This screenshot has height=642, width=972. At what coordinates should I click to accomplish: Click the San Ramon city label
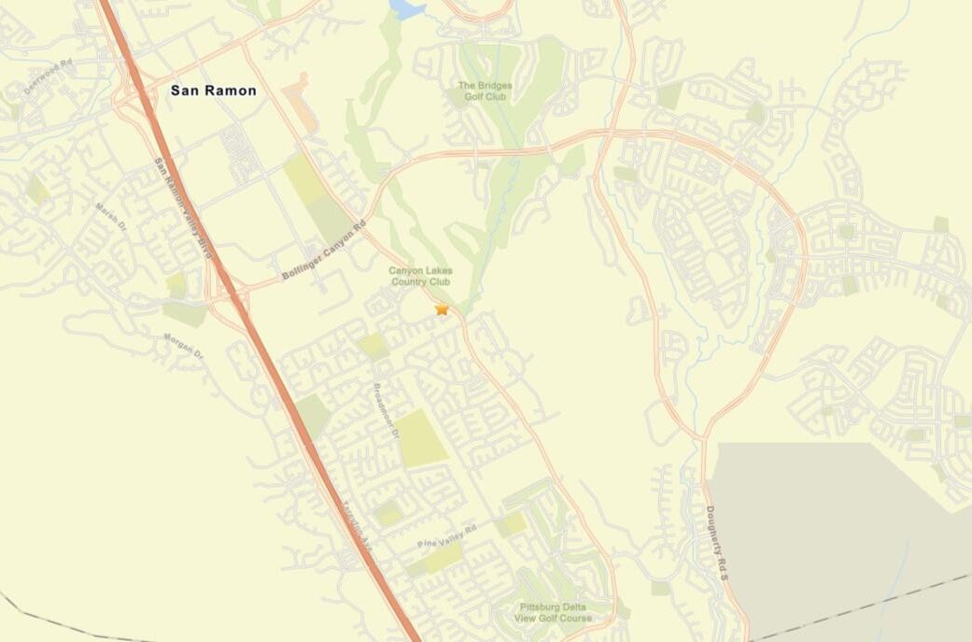[213, 91]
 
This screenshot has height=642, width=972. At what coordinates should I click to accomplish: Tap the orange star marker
[442, 308]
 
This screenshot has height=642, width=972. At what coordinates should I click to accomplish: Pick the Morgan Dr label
[183, 347]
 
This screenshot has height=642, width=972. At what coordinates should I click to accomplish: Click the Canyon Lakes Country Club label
[420, 276]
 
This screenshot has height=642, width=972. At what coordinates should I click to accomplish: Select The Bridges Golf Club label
[485, 91]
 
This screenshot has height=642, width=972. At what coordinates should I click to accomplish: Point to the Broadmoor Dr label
[386, 412]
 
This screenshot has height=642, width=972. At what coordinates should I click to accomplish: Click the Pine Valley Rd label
[447, 536]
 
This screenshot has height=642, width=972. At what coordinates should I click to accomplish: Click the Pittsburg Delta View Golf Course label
[556, 612]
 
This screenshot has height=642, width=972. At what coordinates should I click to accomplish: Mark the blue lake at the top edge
[407, 8]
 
